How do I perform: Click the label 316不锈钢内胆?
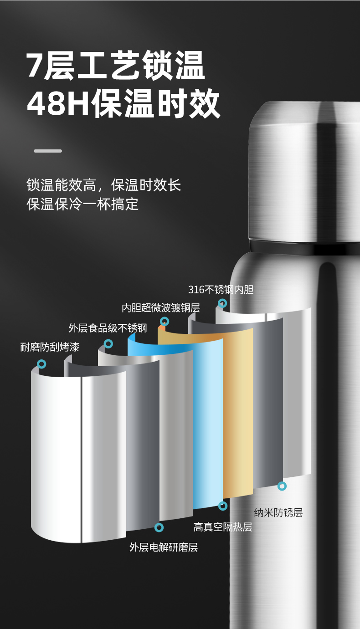[221, 290]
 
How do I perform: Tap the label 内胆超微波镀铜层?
[161, 308]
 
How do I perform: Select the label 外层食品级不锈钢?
[108, 327]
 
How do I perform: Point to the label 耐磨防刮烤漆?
[50, 347]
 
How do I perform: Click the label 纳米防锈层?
[278, 512]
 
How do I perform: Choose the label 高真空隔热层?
[223, 527]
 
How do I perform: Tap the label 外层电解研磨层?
[164, 547]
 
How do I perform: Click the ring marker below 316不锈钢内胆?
[222, 303]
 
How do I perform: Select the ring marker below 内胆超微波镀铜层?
[165, 321]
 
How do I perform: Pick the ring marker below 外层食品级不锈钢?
[108, 344]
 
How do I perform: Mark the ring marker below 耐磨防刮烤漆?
[41, 364]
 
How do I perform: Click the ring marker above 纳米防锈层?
[282, 486]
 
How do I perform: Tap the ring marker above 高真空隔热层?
[223, 506]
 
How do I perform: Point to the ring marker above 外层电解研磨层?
[159, 527]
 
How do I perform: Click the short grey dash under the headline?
[48, 151]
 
